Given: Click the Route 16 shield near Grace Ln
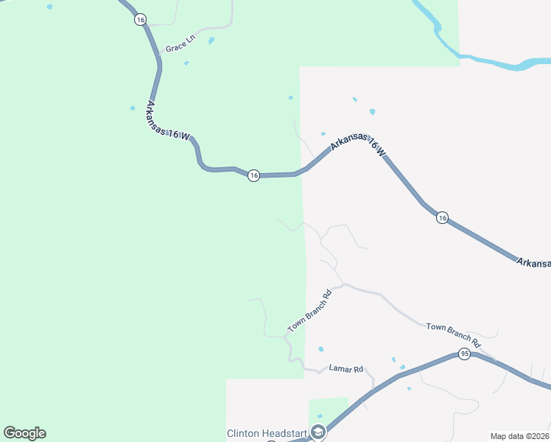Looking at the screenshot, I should point(140,20).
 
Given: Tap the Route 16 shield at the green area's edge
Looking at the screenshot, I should point(253,175).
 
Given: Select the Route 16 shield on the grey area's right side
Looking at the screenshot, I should point(441,217).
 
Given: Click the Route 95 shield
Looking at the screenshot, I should point(463,354).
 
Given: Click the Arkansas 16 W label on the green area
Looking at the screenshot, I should point(169,122).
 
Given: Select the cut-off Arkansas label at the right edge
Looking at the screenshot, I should point(533,263).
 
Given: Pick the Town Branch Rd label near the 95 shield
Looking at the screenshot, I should point(453,334).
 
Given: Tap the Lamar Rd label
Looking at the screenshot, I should point(346,368).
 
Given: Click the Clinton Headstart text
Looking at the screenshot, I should point(268,432).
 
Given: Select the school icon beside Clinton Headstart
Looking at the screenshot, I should point(318,432).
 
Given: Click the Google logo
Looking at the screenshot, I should point(24,433).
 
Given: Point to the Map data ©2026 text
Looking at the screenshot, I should point(519,435).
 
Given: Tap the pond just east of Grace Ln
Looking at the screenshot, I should point(211,41).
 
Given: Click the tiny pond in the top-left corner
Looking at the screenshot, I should point(49,7).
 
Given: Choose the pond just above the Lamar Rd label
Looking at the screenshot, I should point(320,349).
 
